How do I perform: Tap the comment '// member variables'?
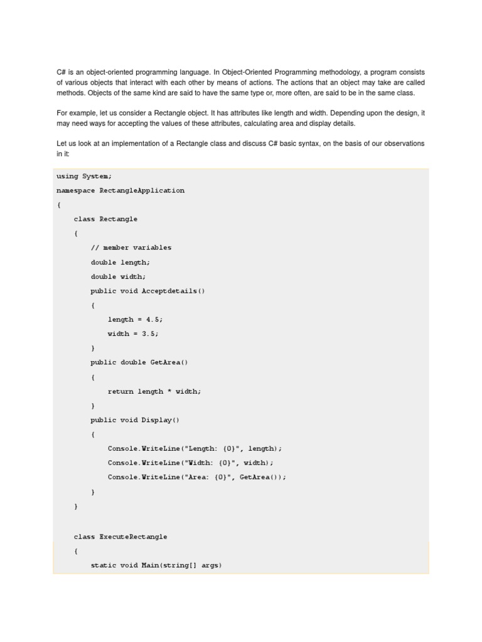point(131,248)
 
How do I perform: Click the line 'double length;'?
point(120,262)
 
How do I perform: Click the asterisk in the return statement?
point(169,392)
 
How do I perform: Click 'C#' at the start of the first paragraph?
point(61,72)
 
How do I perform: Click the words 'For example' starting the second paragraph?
point(74,113)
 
